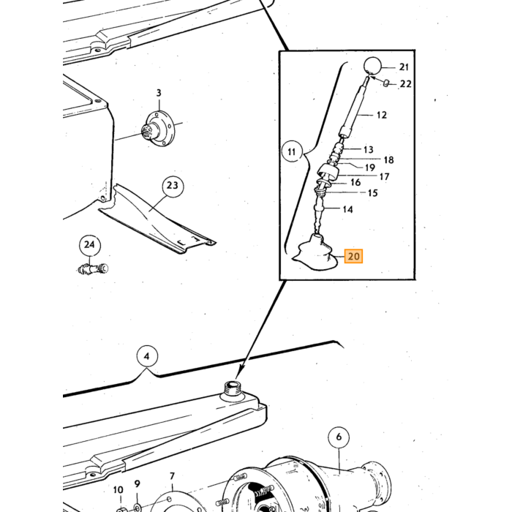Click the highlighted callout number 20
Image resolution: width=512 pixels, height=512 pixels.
pos(353,256)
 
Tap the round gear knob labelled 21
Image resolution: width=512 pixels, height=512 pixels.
pos(372,66)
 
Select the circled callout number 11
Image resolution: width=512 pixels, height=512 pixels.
pos(292,151)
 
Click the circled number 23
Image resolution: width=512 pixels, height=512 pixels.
pos(173,186)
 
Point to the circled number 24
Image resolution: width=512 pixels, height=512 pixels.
pos(89,245)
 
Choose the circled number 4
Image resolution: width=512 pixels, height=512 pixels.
pos(146,356)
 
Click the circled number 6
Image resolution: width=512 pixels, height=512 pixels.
pos(339,437)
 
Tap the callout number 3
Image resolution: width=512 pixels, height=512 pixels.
pos(159,93)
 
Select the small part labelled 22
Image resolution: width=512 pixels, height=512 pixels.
pos(385,83)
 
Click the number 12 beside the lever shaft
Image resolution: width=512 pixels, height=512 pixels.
pos(381,116)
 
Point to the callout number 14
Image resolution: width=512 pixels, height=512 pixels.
pos(347,209)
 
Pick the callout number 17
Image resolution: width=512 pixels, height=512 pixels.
pos(384,177)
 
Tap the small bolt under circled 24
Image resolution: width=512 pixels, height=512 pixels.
pos(93,269)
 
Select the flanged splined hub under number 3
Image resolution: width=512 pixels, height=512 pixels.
pos(159,129)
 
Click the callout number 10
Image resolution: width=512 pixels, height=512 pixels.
pos(118,490)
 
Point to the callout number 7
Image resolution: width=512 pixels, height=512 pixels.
pos(172,477)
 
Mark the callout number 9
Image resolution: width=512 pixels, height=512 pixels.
pos(138,484)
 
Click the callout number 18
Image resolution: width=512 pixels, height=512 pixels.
pos(388,160)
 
